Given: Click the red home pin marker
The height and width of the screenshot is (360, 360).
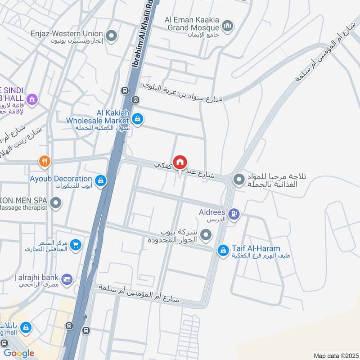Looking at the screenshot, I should tap(180, 162).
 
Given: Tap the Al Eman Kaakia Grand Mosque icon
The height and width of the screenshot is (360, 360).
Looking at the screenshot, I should tap(228, 24).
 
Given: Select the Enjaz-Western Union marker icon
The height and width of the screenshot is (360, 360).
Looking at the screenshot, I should tap(111, 34).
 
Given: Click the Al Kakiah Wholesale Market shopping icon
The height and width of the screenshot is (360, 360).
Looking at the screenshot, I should tap(138, 119).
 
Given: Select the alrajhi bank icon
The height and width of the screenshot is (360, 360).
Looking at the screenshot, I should tap(67, 279).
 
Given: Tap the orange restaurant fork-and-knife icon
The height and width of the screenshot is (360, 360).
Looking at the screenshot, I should tap(44, 161).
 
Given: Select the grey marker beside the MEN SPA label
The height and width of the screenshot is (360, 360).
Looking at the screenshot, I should tap(56, 203).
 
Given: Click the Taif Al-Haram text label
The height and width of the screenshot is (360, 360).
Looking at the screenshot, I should tap(256, 248).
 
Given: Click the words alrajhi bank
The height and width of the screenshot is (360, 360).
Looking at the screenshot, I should tap(39, 277).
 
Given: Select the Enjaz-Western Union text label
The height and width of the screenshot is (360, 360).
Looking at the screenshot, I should tap(67, 34).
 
